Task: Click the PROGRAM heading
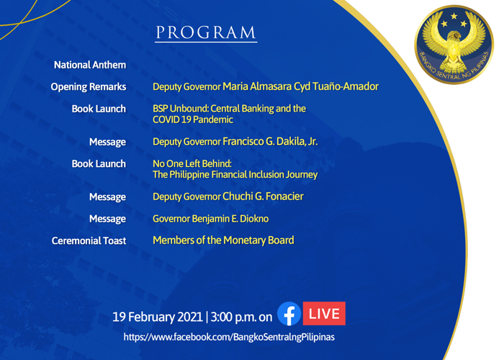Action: [206, 32]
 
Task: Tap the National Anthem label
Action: [90, 65]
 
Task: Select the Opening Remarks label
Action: [89, 87]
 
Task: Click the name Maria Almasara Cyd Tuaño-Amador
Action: [300, 86]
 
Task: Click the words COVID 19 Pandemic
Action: [193, 120]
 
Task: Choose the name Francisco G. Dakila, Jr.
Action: [270, 141]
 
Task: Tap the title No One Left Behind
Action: [192, 163]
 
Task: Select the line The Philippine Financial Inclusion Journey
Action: [235, 174]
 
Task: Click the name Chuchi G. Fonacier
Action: [263, 197]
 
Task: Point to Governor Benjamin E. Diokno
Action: [210, 219]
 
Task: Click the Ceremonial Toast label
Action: [89, 240]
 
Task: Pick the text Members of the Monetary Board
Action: [223, 240]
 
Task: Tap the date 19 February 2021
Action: [158, 317]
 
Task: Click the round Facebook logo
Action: [289, 314]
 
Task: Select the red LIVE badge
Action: [324, 313]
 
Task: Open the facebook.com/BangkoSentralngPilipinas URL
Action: [229, 337]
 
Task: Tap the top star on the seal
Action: [454, 16]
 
